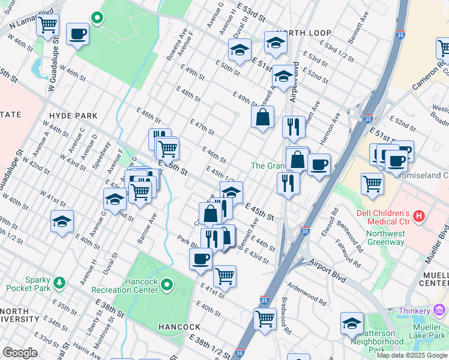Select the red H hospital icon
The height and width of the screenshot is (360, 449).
419,214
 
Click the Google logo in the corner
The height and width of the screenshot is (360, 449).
20,353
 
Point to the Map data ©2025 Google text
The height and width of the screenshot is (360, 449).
412,355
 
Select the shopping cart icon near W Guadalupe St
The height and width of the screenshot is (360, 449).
47,25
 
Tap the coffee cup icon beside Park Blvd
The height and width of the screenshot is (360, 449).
200,259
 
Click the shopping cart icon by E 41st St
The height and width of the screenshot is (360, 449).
224,276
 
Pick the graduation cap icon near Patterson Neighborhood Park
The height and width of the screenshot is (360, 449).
352,323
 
